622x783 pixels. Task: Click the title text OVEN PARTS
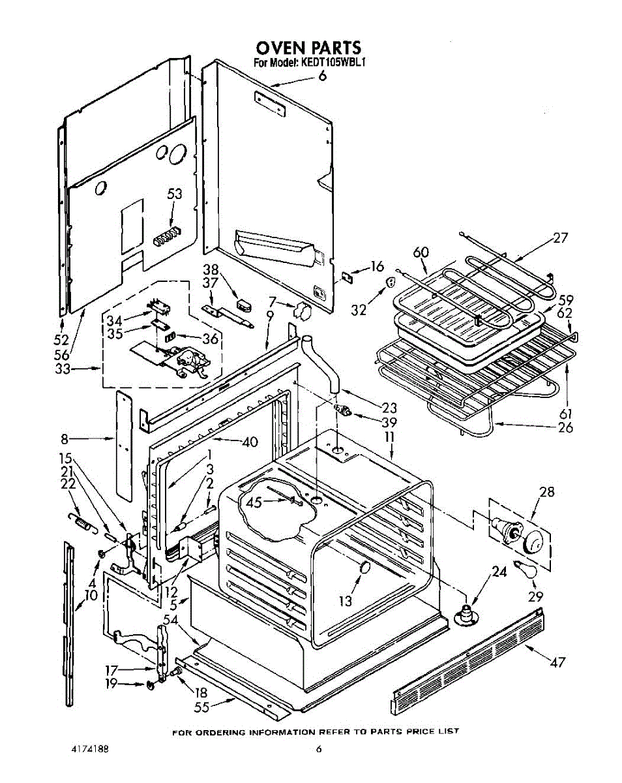[x=308, y=48]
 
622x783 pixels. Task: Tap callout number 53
[x=174, y=194]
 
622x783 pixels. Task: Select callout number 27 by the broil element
[x=560, y=238]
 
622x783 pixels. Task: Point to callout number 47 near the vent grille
[x=556, y=662]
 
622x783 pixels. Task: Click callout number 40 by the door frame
[x=249, y=442]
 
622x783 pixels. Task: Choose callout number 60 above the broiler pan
[x=420, y=253]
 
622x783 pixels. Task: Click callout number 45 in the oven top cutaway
[x=253, y=502]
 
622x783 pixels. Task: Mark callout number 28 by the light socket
[x=546, y=492]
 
